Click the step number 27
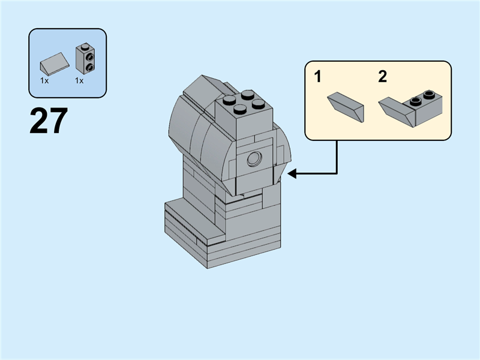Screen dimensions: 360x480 click(49, 121)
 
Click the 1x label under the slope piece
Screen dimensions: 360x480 click(44, 80)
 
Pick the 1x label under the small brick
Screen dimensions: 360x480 click(79, 80)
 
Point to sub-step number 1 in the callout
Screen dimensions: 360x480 click(318, 77)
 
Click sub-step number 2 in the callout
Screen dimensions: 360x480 click(383, 77)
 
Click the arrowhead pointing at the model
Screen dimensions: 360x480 click(292, 174)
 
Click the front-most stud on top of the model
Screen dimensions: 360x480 click(239, 109)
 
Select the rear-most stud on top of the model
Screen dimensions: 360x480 click(248, 94)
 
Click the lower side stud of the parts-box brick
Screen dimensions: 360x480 click(88, 67)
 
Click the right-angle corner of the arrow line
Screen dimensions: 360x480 click(337, 174)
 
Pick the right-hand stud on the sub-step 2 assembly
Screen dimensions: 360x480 click(428, 94)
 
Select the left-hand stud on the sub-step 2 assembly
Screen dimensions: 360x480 click(414, 101)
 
